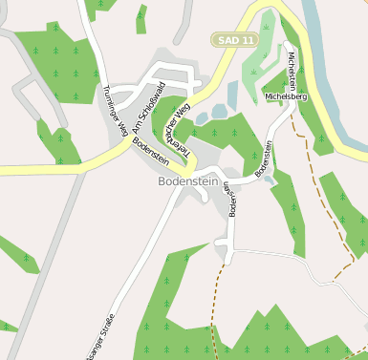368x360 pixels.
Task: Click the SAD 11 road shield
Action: (234, 39)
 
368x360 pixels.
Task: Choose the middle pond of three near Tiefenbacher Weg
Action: (218, 112)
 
